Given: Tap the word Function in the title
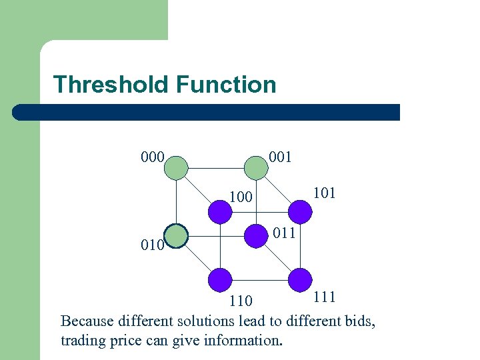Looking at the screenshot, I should tap(226, 85).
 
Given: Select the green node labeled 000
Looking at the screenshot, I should tap(177, 167).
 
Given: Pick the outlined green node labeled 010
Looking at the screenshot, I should tap(177, 236).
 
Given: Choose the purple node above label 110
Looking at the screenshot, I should tap(221, 279).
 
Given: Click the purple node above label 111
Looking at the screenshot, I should tap(300, 279).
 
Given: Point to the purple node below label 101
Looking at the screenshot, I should tap(300, 211).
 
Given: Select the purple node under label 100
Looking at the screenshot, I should tap(221, 211).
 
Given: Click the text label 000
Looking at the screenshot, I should tap(153, 157).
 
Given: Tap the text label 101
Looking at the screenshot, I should tap(323, 193).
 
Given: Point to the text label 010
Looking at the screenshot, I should tap(152, 245).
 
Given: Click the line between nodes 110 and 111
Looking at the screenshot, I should tap(260, 279).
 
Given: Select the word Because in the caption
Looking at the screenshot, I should tap(87, 321).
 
